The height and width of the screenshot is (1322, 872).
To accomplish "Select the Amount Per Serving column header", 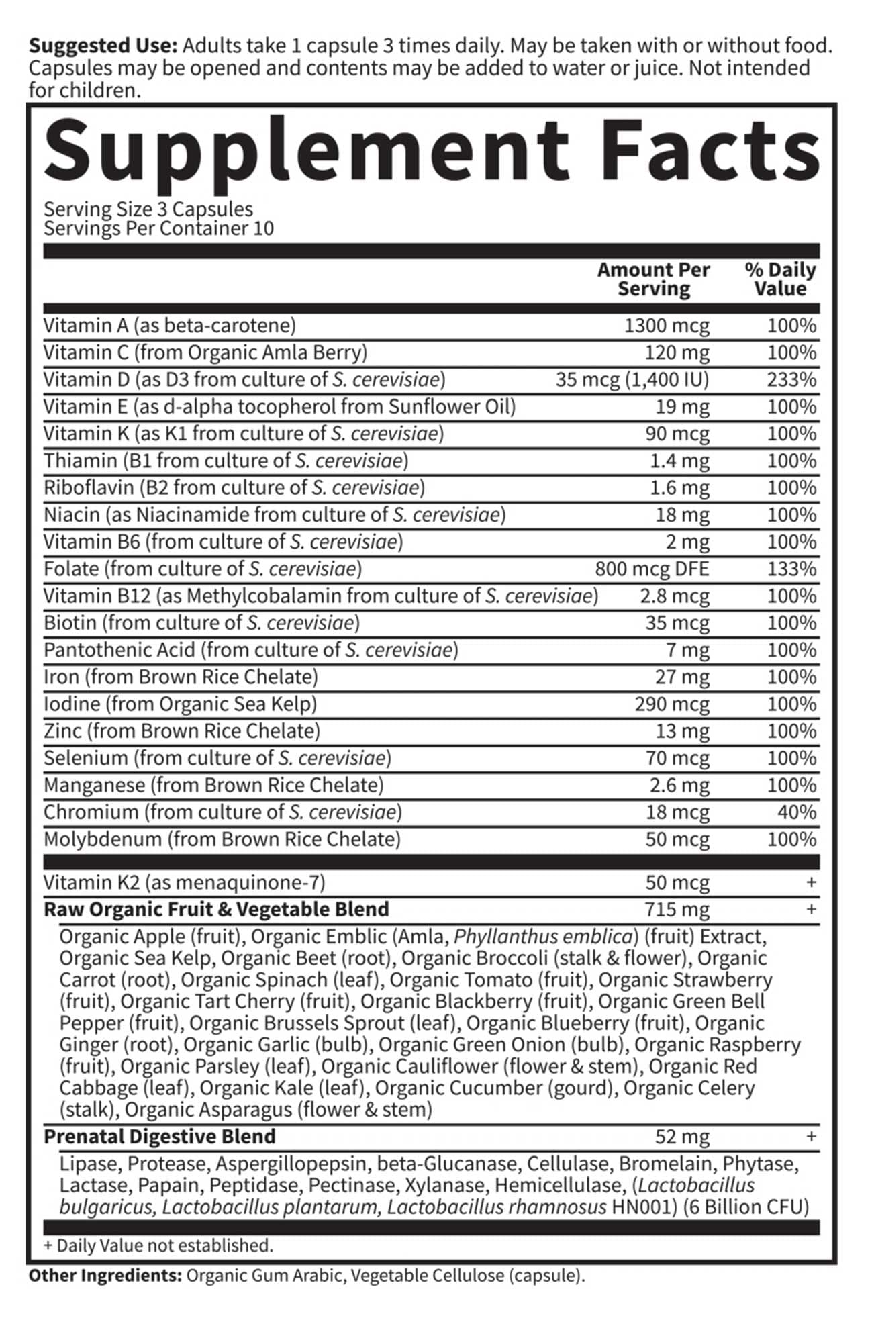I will point(653,279).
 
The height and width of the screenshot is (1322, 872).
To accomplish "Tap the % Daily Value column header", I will point(780,279).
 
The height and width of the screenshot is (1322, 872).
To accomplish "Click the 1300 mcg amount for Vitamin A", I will point(666,326).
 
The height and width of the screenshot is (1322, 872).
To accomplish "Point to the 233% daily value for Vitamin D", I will point(791,380).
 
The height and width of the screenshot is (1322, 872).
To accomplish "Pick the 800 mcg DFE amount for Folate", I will point(651,569).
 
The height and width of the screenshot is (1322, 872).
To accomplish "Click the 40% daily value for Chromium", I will point(797,812).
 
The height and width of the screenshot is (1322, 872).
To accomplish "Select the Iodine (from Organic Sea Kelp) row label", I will point(180,704).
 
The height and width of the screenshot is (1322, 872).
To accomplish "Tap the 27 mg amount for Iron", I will point(682,677).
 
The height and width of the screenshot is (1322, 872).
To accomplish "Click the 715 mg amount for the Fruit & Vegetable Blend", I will point(677,910).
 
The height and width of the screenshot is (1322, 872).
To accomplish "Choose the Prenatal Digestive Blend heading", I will point(160,1137).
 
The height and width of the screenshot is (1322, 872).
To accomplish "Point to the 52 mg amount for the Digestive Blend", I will point(682,1137).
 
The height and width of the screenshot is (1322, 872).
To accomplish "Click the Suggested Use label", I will point(103,46).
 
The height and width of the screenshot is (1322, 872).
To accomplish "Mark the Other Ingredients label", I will point(105,1276).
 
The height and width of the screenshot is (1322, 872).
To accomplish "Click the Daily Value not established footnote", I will point(158,1245).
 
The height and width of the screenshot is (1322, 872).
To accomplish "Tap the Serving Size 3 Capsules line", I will point(148,209).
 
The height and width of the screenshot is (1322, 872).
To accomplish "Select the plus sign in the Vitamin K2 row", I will point(811,882).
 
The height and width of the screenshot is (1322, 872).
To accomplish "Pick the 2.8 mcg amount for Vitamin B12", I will point(674,596).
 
